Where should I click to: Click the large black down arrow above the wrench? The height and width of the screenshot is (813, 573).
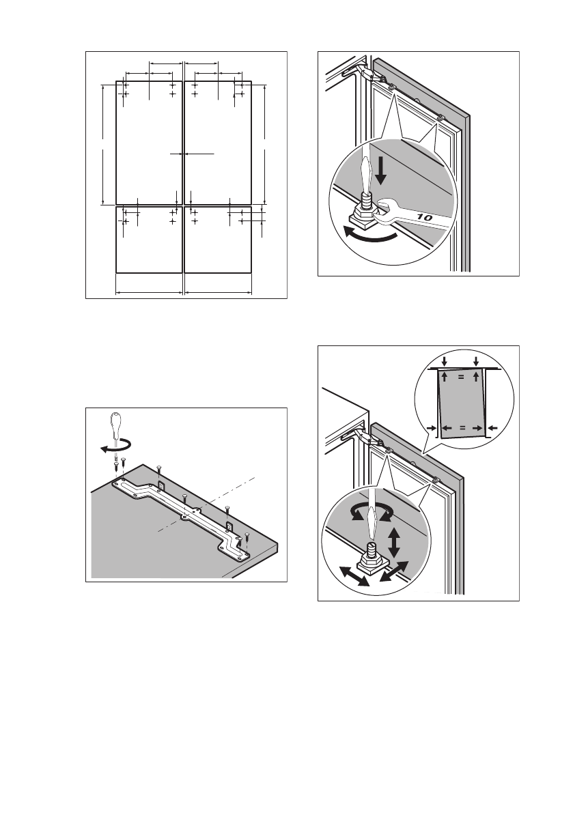pos(380,168)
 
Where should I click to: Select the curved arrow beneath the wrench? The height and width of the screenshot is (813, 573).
pos(369,236)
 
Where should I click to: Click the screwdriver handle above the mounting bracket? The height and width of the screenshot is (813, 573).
pos(117,427)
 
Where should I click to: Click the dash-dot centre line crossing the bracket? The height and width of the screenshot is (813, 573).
pos(205,506)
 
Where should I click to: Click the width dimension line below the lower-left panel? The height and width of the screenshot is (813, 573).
pos(148,293)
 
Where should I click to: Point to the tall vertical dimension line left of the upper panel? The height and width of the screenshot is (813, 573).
pos(102,144)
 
